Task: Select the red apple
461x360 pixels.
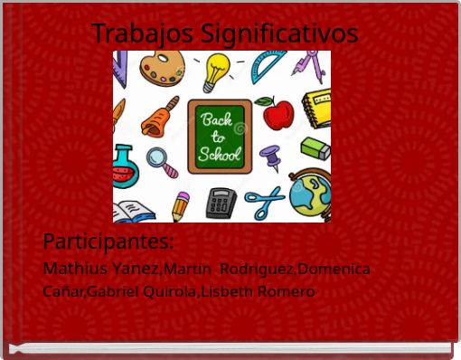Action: pos(278,113)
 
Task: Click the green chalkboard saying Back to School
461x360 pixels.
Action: pos(220,137)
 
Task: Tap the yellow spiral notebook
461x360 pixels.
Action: pos(316,108)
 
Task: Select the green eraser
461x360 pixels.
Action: pos(315,148)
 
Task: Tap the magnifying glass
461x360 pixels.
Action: pos(163,161)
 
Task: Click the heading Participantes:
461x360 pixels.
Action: pos(108,242)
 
